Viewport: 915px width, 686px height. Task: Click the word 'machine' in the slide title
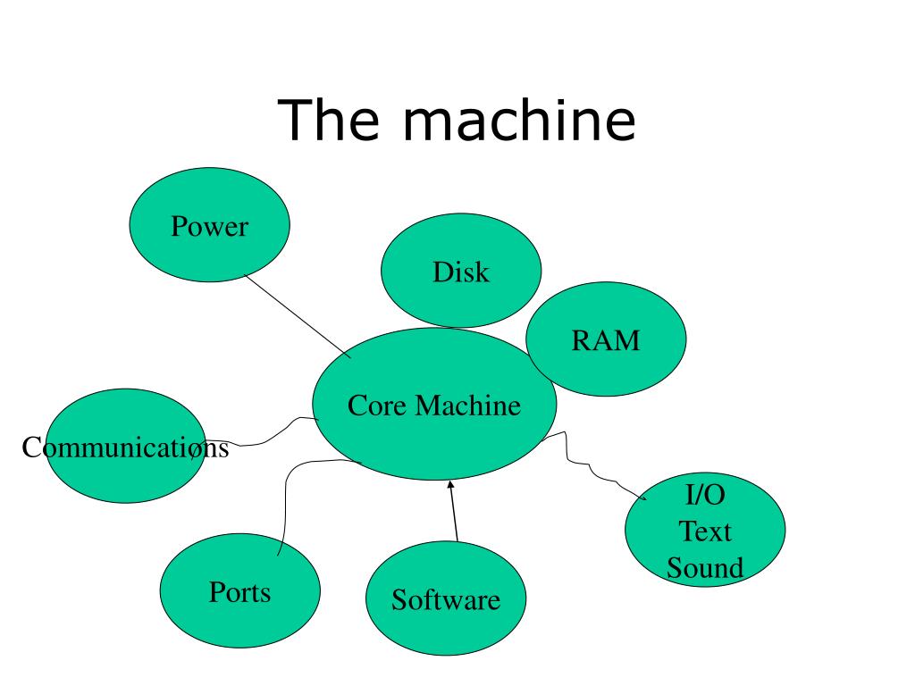point(519,121)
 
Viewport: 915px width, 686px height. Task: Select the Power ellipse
point(209,225)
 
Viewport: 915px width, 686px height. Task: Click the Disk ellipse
point(461,271)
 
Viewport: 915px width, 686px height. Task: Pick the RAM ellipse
point(606,339)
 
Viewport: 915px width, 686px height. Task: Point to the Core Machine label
point(434,406)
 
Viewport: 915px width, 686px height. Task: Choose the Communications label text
point(125,448)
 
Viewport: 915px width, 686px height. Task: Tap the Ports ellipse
point(239,590)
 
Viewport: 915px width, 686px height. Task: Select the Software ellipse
point(446,598)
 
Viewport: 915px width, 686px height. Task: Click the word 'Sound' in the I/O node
point(705,567)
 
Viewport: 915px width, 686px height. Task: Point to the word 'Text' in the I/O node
point(705,531)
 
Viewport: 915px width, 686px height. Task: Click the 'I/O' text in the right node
point(705,495)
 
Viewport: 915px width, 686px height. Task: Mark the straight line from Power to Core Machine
point(298,316)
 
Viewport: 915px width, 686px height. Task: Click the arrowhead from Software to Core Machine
point(450,485)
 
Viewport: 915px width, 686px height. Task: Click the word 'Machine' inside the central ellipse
point(468,406)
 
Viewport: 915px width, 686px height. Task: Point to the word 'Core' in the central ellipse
point(377,406)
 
